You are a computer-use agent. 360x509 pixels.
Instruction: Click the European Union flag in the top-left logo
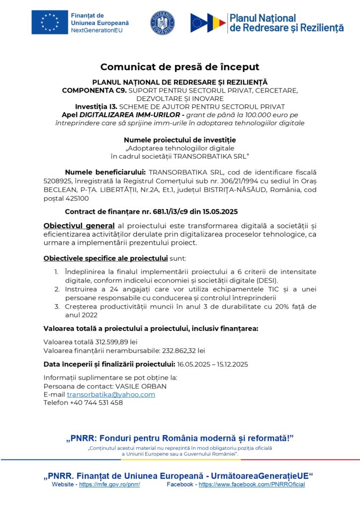[49, 23]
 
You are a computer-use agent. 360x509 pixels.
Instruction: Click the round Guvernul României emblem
[163, 23]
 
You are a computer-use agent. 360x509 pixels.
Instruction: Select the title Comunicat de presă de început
[180, 67]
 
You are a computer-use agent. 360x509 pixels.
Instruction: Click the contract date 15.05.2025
[218, 211]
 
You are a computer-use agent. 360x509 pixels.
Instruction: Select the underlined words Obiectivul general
[79, 226]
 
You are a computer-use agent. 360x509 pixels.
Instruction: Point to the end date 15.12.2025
[229, 364]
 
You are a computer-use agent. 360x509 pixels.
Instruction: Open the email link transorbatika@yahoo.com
[111, 394]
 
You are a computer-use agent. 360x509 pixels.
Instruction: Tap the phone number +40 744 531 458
[96, 403]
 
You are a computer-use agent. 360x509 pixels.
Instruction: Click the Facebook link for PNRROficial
[252, 484]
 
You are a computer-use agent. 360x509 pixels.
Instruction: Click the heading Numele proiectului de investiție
[180, 140]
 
